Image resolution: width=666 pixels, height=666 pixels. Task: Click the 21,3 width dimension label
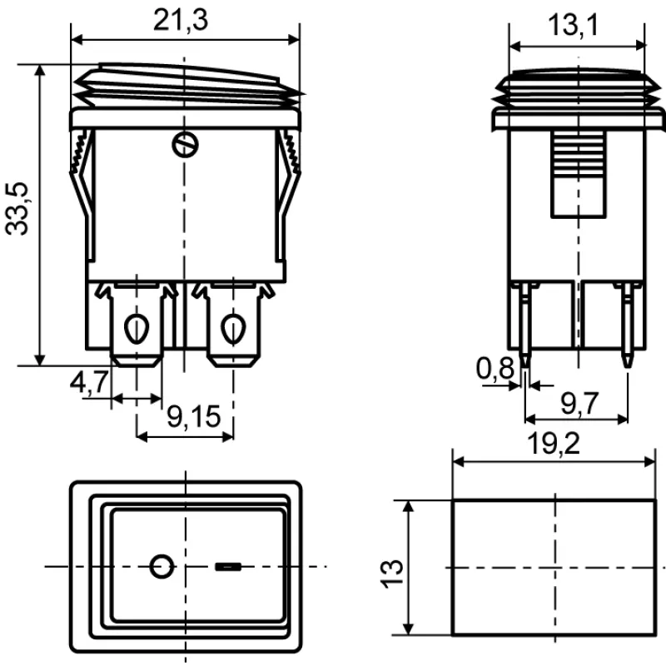(181, 20)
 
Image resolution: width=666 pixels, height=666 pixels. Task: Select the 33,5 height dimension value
(17, 209)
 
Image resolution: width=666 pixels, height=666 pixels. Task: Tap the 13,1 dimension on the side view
(573, 25)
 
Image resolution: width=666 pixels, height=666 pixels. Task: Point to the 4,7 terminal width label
(89, 381)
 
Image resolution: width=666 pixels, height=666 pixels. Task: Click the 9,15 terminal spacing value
(194, 416)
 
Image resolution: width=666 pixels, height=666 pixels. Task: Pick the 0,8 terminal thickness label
(495, 368)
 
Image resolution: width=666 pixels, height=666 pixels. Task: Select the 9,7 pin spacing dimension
(579, 404)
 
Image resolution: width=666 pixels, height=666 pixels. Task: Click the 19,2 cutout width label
(554, 444)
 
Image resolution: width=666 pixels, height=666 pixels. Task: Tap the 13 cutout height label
(391, 574)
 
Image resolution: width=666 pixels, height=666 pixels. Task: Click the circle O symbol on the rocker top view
(162, 566)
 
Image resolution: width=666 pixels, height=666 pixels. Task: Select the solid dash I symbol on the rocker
(228, 567)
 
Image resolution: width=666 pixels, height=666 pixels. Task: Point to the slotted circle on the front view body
(185, 145)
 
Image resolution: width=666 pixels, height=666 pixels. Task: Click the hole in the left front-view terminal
(137, 329)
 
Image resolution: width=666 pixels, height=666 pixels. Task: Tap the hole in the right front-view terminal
(233, 329)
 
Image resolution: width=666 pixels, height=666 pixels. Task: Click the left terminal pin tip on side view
(526, 365)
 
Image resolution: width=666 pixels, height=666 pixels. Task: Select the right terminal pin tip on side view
(627, 365)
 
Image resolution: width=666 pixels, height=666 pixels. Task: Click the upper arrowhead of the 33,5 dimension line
(40, 71)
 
